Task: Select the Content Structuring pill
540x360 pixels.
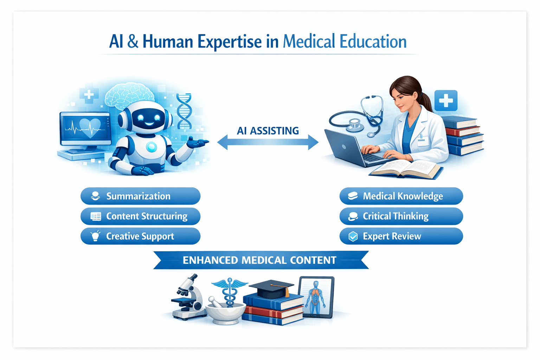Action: click(140, 216)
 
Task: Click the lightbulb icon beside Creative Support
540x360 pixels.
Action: click(95, 236)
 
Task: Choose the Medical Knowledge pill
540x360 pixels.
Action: click(401, 196)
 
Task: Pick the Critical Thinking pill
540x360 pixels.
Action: click(401, 216)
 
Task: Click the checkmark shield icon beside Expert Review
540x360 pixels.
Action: click(353, 237)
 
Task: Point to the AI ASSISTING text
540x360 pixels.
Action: click(268, 131)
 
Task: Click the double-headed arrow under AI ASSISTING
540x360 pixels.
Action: click(268, 142)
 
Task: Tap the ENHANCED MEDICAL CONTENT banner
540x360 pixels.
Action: click(260, 260)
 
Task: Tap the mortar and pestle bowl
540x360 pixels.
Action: click(225, 311)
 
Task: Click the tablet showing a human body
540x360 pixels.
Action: click(316, 297)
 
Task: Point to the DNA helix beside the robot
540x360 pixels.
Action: click(184, 111)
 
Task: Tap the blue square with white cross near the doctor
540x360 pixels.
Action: click(446, 101)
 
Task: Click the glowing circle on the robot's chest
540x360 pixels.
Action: click(152, 147)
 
